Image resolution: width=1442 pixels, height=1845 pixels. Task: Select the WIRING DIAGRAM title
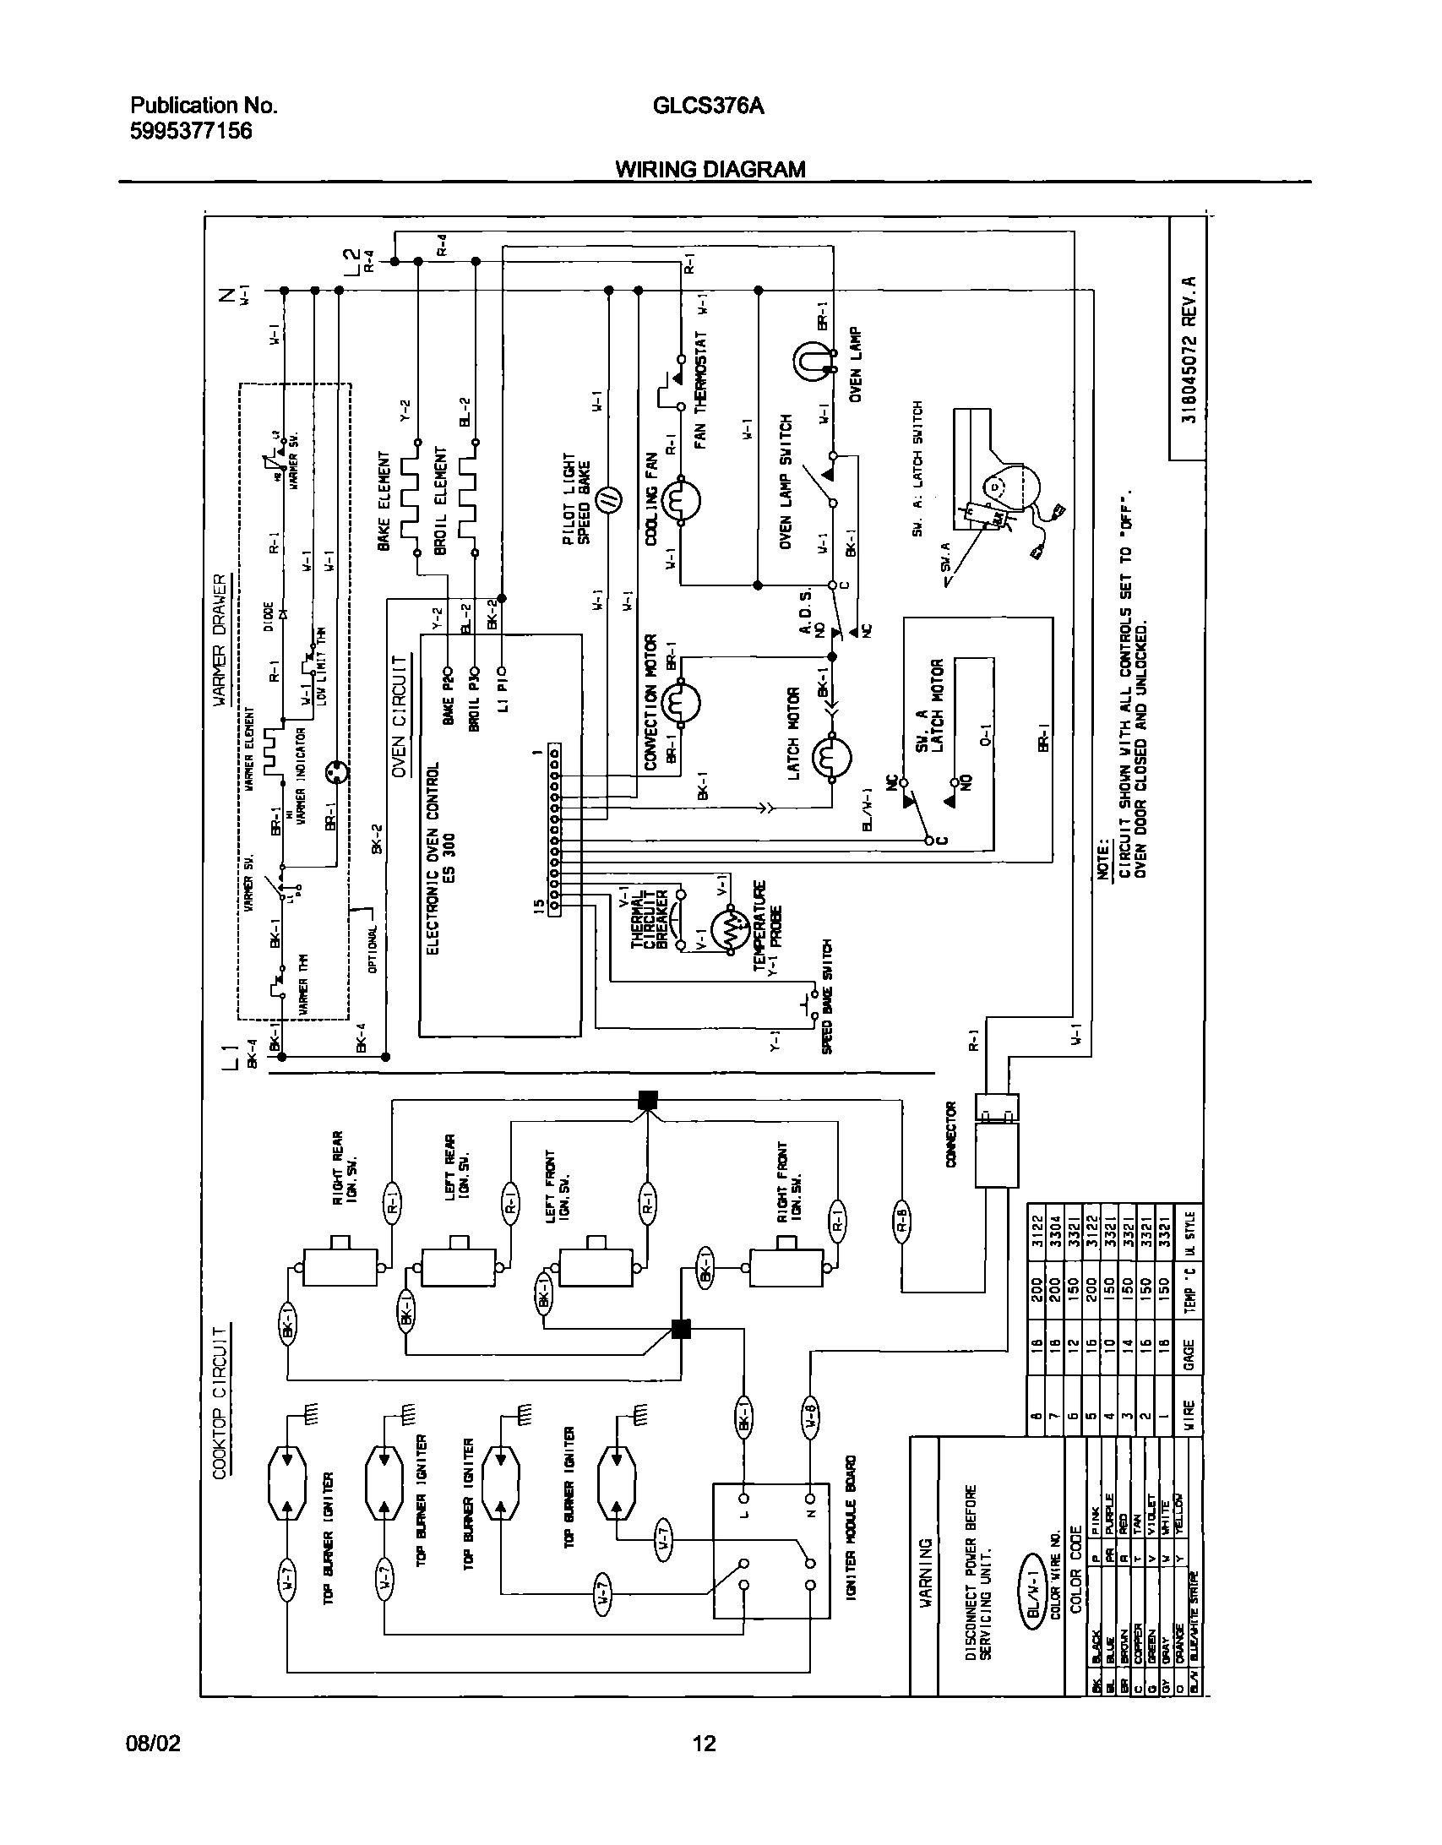(x=710, y=169)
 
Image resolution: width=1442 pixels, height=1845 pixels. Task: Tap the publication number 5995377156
(x=191, y=132)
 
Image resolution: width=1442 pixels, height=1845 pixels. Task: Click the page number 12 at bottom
(x=704, y=1744)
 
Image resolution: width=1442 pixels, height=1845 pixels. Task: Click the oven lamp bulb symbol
(x=808, y=361)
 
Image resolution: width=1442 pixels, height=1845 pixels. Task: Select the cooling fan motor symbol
(x=681, y=502)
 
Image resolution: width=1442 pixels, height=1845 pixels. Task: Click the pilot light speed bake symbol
(x=610, y=501)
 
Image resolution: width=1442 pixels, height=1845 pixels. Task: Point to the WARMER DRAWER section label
(x=220, y=639)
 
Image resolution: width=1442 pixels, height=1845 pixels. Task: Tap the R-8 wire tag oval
(x=901, y=1222)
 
